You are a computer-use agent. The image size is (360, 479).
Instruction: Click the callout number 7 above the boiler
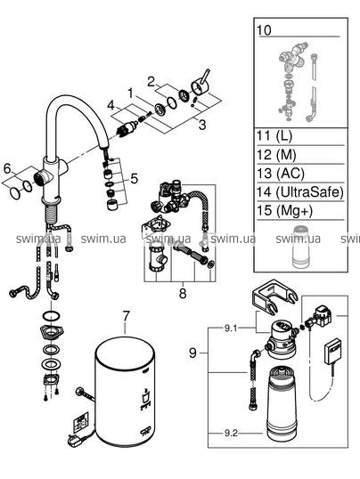[x=126, y=316]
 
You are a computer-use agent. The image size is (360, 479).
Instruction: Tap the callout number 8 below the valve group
[x=183, y=293]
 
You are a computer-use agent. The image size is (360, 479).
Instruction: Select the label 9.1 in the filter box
[x=231, y=329]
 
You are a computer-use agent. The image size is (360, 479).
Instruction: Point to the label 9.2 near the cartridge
[x=231, y=434]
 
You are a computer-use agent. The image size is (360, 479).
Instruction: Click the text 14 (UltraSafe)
[x=299, y=191]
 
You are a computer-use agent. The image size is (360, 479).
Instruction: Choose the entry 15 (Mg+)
[x=284, y=210]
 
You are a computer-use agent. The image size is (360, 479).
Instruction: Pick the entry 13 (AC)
[x=281, y=174]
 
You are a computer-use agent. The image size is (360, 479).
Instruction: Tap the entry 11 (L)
[x=274, y=135]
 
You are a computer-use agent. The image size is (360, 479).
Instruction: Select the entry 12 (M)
[x=276, y=155]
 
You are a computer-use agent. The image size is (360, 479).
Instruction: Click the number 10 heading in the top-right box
[x=264, y=30]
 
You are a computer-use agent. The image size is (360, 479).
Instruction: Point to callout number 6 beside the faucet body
[x=7, y=168]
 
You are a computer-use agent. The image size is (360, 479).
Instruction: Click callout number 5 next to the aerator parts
[x=134, y=179]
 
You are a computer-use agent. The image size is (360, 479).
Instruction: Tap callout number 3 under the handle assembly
[x=202, y=125]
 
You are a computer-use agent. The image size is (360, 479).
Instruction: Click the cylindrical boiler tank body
[x=125, y=391]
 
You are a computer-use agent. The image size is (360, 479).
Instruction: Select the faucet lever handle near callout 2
[x=201, y=83]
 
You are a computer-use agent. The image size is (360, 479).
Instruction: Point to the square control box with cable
[x=333, y=352]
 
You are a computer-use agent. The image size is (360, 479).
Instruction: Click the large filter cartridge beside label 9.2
[x=282, y=404]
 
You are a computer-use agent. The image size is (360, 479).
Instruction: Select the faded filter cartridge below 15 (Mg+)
[x=302, y=247]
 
